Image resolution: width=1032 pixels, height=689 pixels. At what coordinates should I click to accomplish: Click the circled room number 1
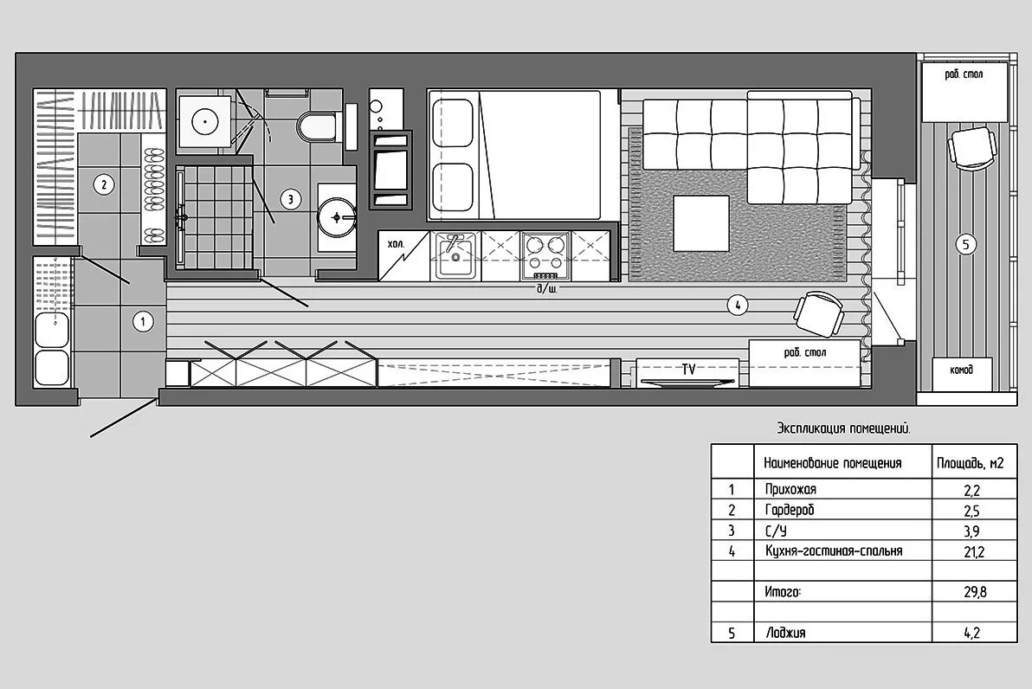click(143, 322)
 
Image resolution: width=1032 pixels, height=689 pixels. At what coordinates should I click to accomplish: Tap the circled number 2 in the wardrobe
click(103, 185)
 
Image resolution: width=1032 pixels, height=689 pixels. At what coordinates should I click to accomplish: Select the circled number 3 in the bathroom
click(290, 199)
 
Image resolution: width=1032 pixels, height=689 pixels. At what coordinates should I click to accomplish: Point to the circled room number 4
click(738, 305)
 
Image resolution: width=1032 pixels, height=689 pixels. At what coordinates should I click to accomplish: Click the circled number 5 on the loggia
click(965, 245)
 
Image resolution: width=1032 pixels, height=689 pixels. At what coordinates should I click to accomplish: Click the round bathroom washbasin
click(337, 216)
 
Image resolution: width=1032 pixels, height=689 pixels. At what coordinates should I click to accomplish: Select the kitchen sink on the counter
click(455, 256)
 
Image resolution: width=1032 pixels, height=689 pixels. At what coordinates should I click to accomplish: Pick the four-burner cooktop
click(545, 255)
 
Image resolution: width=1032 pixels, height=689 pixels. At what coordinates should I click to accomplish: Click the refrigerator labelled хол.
click(403, 255)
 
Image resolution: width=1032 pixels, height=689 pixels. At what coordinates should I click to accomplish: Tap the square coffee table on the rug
click(701, 223)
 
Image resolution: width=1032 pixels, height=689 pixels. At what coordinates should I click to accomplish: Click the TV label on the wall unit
click(688, 370)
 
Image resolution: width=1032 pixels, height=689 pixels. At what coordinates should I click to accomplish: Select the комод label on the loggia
click(961, 370)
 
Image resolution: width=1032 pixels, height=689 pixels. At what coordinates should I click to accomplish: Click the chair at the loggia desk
click(972, 149)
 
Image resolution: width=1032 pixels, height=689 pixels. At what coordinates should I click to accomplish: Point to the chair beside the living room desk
click(819, 313)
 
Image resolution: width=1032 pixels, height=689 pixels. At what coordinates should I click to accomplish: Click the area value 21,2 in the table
click(974, 551)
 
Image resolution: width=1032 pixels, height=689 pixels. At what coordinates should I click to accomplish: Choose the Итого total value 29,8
click(976, 592)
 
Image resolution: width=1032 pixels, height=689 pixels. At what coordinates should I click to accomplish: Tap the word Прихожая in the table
click(790, 490)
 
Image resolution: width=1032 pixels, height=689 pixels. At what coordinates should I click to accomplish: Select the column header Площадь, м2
click(971, 463)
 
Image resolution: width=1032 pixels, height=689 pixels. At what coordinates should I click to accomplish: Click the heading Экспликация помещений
click(844, 429)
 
